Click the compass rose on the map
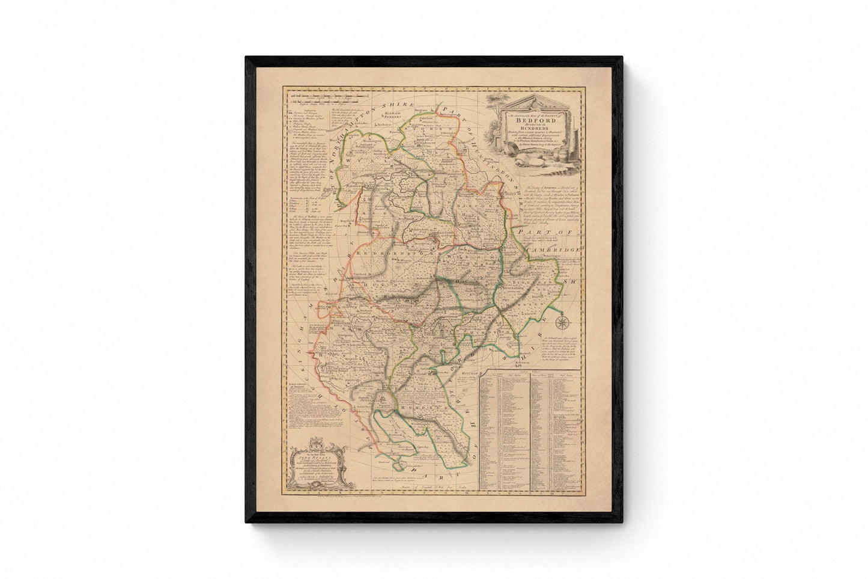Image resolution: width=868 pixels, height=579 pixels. pos(563,323)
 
